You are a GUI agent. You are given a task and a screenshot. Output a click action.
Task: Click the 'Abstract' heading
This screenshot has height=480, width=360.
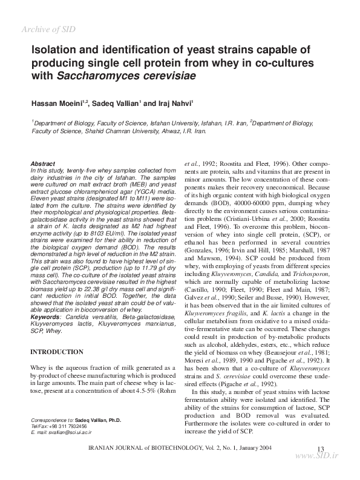pos(42,164)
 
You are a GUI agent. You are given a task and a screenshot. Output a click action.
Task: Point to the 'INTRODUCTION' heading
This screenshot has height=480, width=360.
pos(56,352)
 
